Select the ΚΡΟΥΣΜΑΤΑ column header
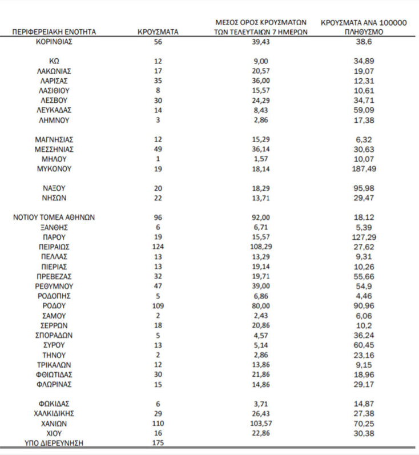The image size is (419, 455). (x=158, y=32)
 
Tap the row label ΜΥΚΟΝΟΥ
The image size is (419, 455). (x=54, y=169)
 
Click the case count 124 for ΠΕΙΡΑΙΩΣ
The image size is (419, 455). (x=158, y=247)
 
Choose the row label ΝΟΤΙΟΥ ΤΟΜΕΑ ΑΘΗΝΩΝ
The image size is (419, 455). (x=54, y=218)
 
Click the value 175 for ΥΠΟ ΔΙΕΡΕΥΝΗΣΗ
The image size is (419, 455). (x=158, y=443)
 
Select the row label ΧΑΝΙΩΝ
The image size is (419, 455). (x=54, y=423)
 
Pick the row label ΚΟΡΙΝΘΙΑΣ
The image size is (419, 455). (x=54, y=42)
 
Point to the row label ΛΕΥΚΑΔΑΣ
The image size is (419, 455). (x=54, y=110)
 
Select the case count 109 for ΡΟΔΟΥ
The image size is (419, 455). (x=158, y=305)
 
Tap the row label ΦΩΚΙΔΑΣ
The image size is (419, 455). (x=54, y=404)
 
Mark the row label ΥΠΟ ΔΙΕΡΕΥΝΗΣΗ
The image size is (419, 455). (x=54, y=443)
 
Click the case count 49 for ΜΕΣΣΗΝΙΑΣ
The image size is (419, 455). (x=158, y=149)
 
